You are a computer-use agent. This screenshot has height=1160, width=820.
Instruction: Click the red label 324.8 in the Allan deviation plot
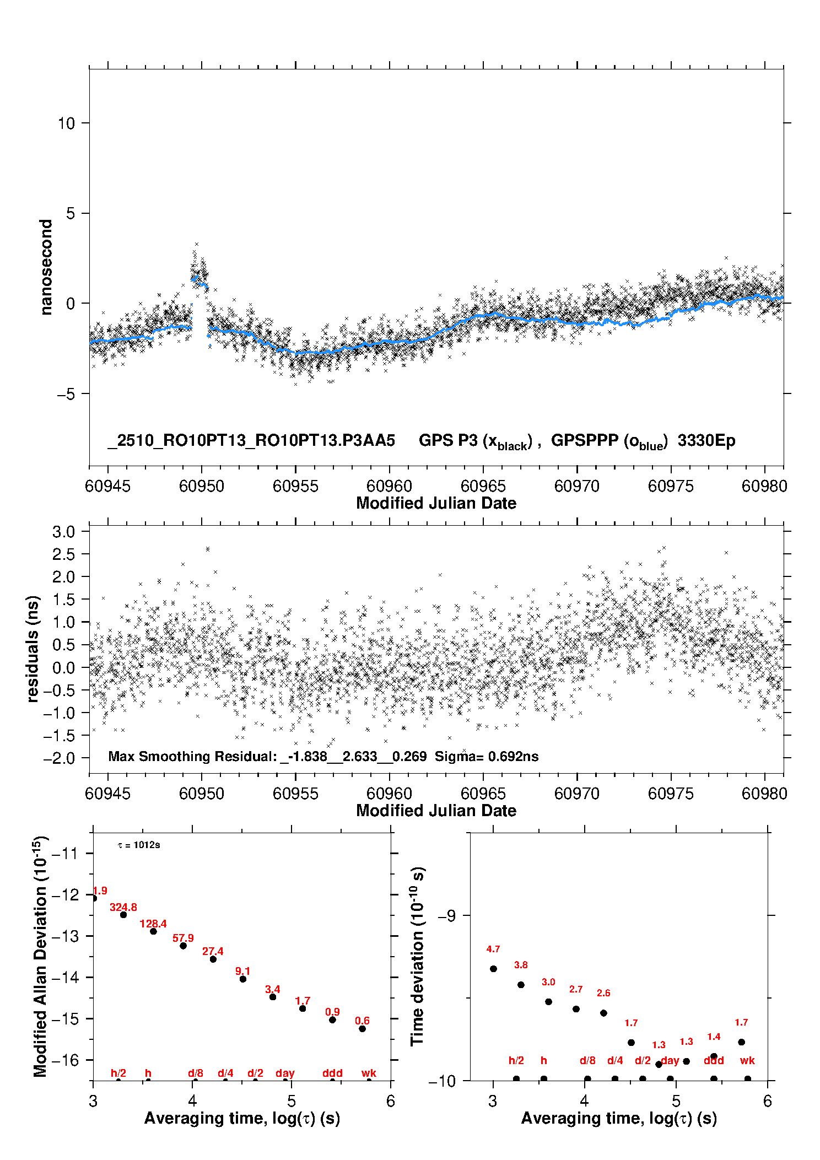[123, 907]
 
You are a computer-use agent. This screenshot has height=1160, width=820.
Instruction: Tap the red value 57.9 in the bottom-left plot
[183, 938]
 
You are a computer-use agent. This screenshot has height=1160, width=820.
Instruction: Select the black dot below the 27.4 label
[213, 959]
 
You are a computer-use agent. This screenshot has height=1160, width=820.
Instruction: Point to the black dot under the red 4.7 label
[493, 969]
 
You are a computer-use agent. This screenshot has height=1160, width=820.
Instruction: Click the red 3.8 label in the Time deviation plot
[521, 965]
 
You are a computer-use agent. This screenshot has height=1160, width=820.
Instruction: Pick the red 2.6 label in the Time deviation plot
[603, 993]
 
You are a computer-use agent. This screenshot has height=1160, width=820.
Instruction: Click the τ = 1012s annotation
[139, 845]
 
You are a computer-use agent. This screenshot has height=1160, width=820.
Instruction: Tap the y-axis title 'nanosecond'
[46, 267]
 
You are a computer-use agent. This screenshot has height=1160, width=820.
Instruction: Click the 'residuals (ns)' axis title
[33, 649]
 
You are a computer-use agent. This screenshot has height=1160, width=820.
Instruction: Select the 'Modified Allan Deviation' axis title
[40, 956]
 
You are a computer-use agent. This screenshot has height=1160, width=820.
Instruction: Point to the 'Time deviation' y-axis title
[417, 956]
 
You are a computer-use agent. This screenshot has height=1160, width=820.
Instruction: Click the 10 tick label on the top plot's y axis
[66, 123]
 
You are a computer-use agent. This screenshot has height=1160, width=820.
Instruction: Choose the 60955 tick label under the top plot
[295, 486]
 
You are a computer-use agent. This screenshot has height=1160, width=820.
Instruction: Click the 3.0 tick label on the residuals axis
[63, 532]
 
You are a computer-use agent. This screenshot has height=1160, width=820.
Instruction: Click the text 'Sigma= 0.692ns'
[487, 756]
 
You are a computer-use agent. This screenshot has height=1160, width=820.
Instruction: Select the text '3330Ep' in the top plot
[706, 441]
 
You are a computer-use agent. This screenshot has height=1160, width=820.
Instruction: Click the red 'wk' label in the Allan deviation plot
[369, 1073]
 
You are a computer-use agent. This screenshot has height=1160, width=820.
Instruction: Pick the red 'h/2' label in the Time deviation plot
[516, 1060]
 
